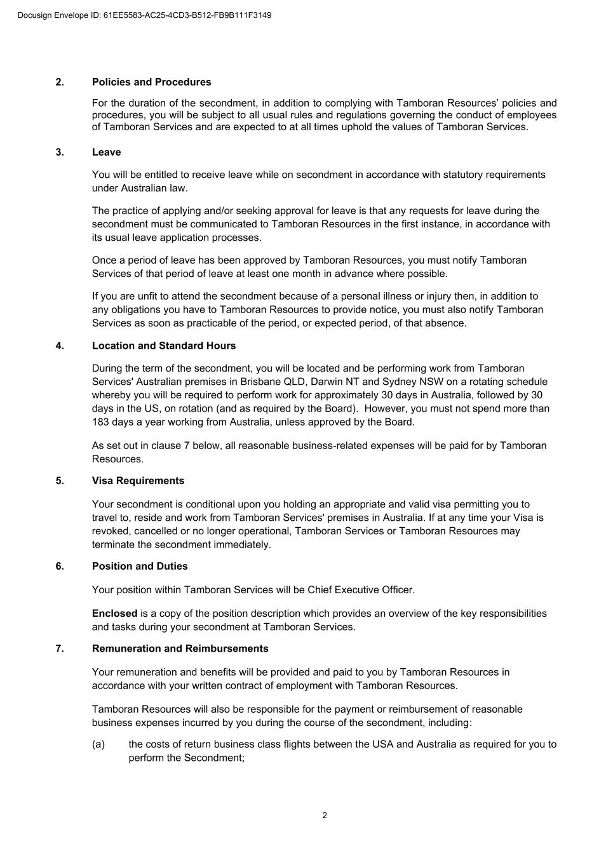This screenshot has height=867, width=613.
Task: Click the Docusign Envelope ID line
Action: pyautogui.click(x=145, y=15)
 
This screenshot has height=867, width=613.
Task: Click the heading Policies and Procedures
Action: pyautogui.click(x=151, y=82)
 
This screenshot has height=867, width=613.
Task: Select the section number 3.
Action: pyautogui.click(x=60, y=152)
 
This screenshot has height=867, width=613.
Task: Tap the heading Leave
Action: pyautogui.click(x=106, y=152)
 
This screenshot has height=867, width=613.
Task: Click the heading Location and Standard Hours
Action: pyautogui.click(x=163, y=346)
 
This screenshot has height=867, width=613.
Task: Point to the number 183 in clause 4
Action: pyautogui.click(x=100, y=422)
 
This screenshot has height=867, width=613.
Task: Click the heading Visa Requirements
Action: pyautogui.click(x=138, y=480)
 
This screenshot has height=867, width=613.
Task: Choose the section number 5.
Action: pyautogui.click(x=60, y=480)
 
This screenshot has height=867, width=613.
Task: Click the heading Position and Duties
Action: pyautogui.click(x=140, y=566)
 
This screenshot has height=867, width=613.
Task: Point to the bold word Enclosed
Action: pyautogui.click(x=114, y=613)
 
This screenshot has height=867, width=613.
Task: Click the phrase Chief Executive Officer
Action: pyautogui.click(x=361, y=589)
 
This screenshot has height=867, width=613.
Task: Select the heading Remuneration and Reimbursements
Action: pyautogui.click(x=180, y=648)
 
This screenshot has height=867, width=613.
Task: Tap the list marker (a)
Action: pyautogui.click(x=98, y=744)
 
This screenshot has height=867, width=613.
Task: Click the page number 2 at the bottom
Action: pyautogui.click(x=325, y=816)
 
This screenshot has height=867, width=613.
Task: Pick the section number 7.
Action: pyautogui.click(x=60, y=648)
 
